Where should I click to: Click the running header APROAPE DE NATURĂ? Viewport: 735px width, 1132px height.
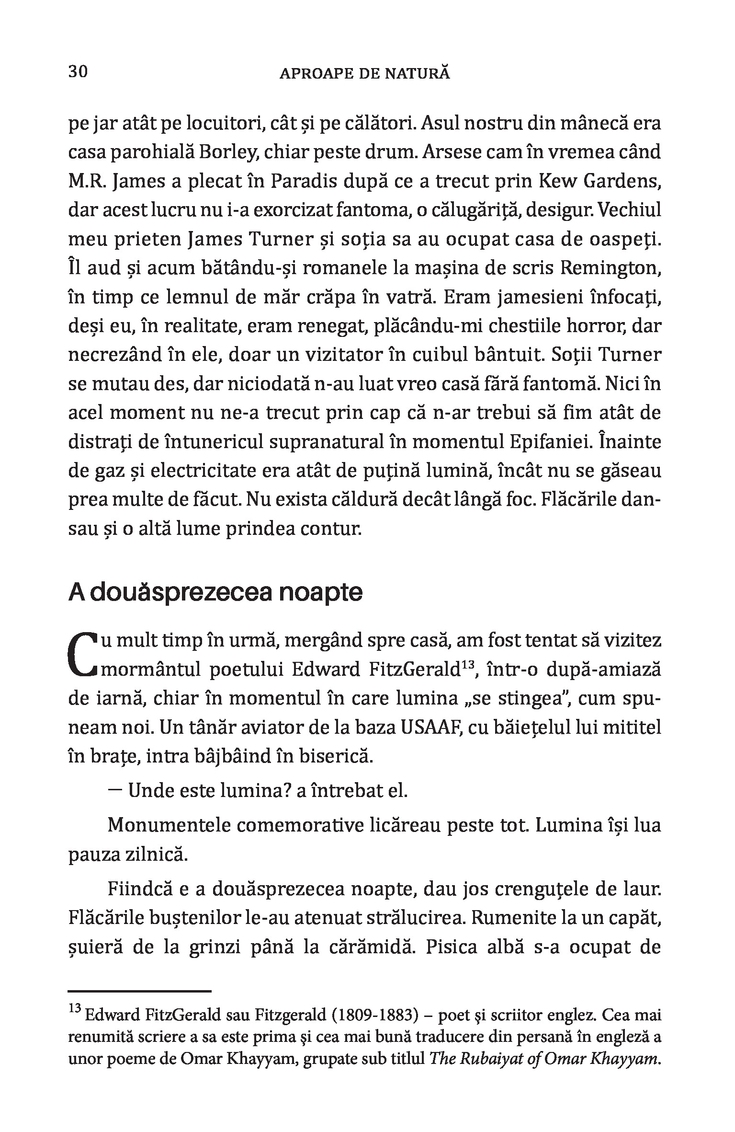[x=364, y=74]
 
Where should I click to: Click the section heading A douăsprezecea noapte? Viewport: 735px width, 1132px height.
[x=215, y=593]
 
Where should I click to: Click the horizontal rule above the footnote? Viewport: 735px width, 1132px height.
[x=139, y=991]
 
